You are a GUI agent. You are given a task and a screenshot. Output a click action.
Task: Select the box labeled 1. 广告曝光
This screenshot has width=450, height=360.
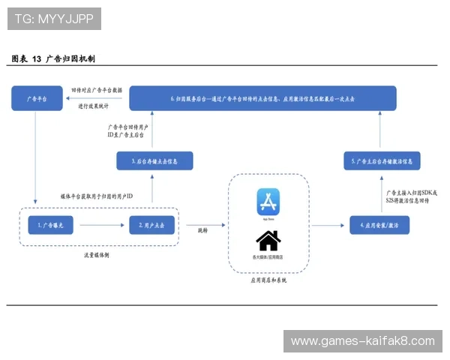click(49, 224)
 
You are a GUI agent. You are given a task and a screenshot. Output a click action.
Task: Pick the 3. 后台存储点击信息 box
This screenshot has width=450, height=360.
click(154, 160)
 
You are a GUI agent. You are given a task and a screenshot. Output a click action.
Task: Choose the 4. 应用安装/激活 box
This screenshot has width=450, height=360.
click(379, 225)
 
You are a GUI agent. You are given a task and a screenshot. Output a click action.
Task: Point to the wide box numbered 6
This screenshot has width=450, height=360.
click(262, 98)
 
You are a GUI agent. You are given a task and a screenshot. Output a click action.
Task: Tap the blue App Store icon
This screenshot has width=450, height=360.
click(268, 202)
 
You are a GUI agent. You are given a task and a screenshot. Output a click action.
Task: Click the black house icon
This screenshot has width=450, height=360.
click(268, 241)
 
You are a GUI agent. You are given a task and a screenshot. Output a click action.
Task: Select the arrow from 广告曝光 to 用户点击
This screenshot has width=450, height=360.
click(100, 224)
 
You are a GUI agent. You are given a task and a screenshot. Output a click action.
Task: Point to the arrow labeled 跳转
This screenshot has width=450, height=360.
click(203, 224)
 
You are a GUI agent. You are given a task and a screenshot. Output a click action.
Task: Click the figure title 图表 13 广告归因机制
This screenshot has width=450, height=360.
click(53, 58)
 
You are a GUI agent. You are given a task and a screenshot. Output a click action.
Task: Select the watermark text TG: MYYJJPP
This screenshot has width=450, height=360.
click(53, 19)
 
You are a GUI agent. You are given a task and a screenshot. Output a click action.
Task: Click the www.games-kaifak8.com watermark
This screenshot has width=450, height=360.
click(362, 341)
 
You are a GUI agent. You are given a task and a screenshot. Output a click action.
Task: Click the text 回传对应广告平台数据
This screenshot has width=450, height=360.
click(97, 88)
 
